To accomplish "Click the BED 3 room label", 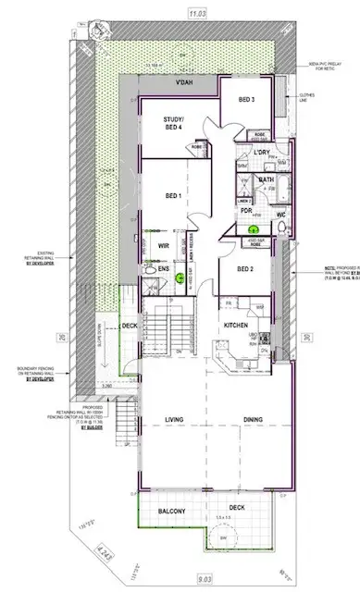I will tap(246, 99).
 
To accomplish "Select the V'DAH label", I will tap(189, 83).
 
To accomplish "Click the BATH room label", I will tap(267, 179).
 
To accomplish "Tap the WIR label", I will tap(163, 246).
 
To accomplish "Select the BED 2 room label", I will tap(244, 269).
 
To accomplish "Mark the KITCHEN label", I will tap(233, 327).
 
